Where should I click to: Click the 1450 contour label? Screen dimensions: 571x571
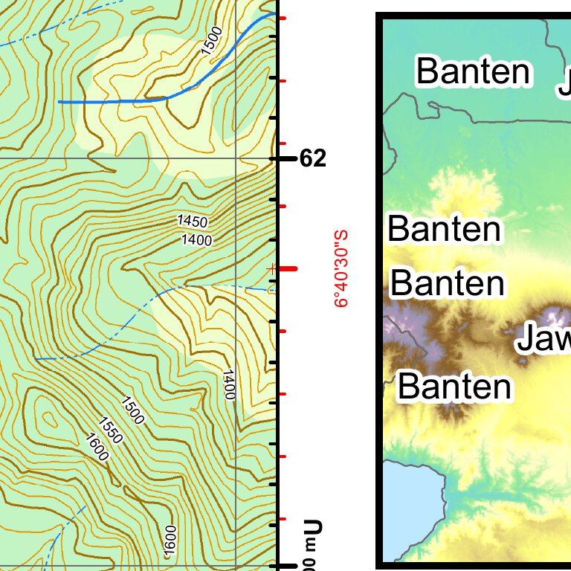tap(193, 222)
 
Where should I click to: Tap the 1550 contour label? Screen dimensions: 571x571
tap(110, 430)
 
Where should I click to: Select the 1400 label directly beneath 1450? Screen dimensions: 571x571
tap(196, 239)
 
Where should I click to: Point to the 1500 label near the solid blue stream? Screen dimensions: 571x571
tap(212, 41)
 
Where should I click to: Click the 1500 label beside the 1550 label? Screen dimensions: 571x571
tap(132, 410)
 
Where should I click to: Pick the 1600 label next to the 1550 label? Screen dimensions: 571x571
tap(97, 446)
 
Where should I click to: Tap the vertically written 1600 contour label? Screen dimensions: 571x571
tap(170, 539)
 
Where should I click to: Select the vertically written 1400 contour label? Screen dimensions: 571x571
tap(229, 384)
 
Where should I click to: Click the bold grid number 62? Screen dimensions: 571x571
tap(312, 158)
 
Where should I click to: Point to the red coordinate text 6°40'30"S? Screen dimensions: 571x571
tap(341, 268)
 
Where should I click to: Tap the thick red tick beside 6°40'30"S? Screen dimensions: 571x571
tap(287, 268)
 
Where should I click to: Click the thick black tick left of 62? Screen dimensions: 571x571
tap(284, 158)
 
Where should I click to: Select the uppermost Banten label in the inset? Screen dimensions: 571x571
tap(474, 71)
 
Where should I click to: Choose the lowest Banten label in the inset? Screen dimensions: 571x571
tap(454, 387)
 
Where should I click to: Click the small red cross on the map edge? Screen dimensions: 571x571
tap(272, 268)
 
